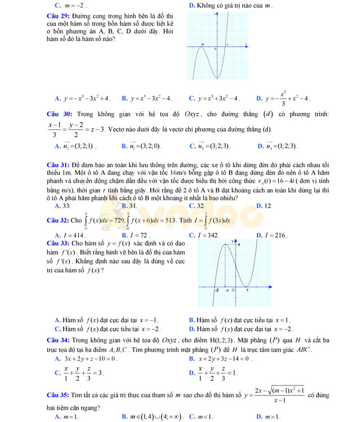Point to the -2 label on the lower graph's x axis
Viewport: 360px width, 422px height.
217,291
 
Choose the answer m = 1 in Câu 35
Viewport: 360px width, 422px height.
71,416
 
